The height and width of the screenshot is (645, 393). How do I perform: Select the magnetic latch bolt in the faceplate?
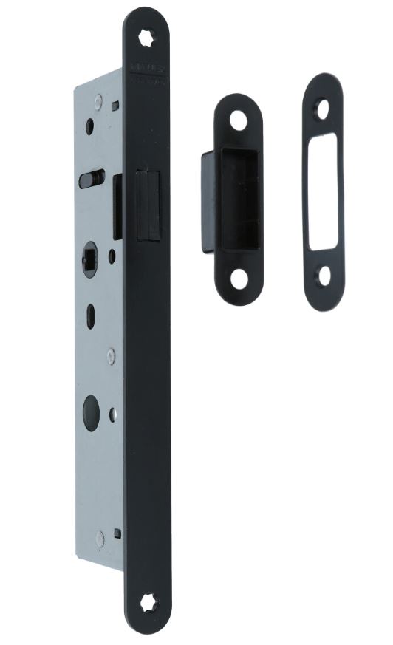point(148,204)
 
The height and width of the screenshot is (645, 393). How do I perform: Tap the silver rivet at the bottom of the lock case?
point(100,537)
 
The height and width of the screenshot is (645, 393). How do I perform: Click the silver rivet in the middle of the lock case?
point(110,356)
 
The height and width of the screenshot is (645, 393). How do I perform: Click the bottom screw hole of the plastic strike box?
point(239,279)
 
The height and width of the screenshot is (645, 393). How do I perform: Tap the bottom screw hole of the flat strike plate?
point(324,276)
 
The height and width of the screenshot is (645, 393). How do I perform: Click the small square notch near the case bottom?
point(117,530)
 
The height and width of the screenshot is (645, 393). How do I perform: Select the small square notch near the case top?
point(115,106)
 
